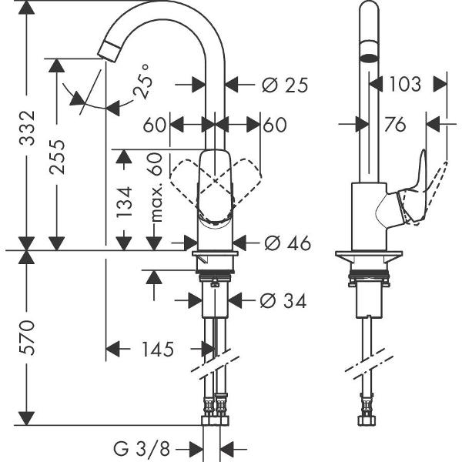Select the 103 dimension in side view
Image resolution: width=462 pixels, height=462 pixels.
[403, 84]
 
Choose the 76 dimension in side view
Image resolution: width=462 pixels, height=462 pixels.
[394, 125]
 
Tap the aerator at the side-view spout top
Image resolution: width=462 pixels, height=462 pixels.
[369, 56]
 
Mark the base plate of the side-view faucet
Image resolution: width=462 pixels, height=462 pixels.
[370, 259]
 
